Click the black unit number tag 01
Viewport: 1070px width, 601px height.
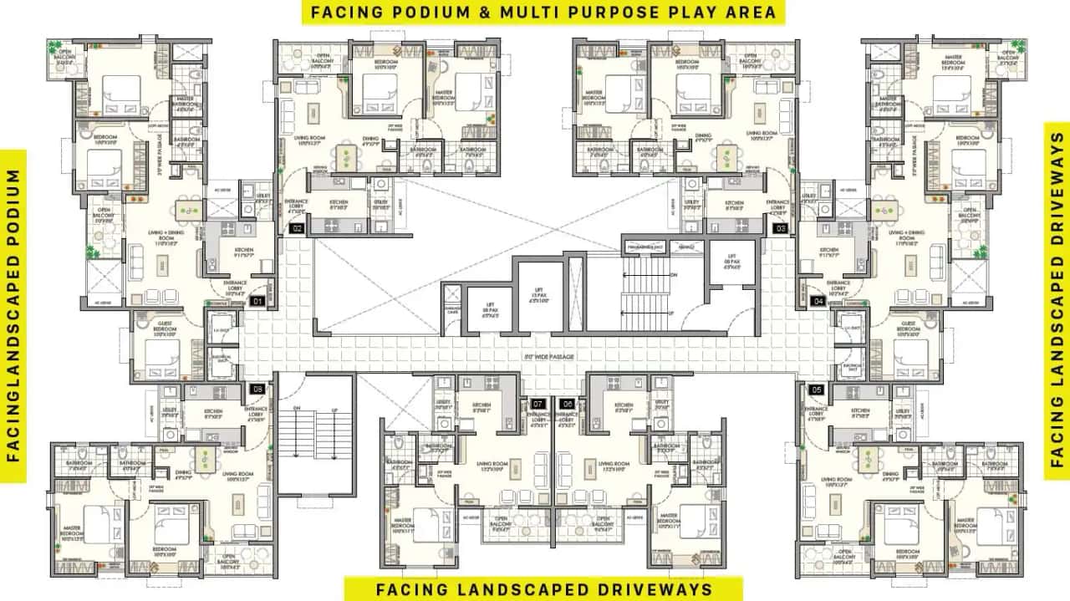tap(257, 301)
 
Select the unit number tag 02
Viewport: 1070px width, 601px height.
tap(296, 227)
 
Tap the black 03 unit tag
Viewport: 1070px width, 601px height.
tap(780, 227)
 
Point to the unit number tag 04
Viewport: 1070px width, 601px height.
tap(817, 301)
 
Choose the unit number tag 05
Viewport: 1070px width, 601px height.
tap(817, 389)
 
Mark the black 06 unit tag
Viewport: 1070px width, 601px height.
tap(567, 404)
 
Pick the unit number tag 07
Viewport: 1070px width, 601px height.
tap(538, 404)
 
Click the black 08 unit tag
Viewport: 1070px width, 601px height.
tap(257, 389)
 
